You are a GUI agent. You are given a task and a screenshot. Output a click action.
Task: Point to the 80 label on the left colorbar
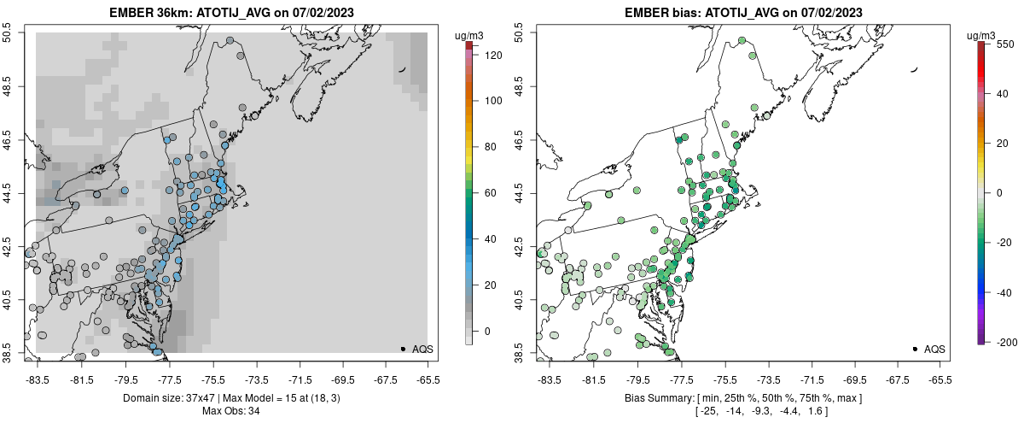[x=490, y=146]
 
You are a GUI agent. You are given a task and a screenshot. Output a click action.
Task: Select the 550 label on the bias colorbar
[x=1004, y=43]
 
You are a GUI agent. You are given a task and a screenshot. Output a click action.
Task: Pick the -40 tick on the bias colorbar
[x=1004, y=292]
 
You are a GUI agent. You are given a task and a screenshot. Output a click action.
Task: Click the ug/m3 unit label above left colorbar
[x=468, y=35]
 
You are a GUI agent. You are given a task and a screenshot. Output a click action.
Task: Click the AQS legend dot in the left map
[x=402, y=349]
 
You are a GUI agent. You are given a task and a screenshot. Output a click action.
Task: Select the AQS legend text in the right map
[x=934, y=349]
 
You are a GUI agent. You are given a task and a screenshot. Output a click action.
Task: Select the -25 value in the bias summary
[x=708, y=411]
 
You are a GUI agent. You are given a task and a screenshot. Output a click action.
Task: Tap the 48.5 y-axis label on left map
[x=8, y=85]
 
